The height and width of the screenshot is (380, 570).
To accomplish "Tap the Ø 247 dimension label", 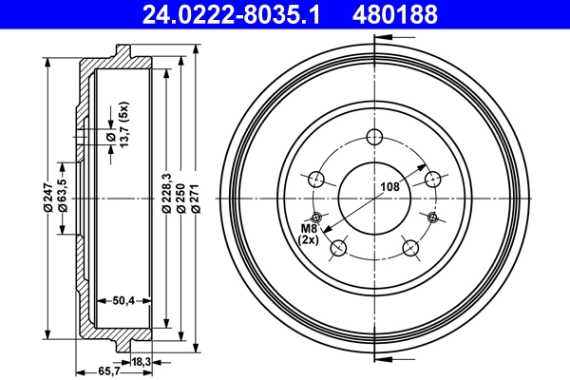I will [x=47, y=199].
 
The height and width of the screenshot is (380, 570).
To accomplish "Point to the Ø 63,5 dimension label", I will [x=62, y=195].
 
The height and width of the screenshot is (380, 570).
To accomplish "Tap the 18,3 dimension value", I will [x=140, y=361].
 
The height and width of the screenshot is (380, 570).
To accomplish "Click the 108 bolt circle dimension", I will [x=389, y=187].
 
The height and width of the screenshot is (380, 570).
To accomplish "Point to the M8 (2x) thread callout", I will [x=310, y=234].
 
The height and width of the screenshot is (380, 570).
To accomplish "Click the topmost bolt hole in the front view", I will [x=373, y=135].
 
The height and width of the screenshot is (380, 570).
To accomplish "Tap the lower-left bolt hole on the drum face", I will [x=337, y=248].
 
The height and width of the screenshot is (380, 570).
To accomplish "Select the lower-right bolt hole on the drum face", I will [x=410, y=248].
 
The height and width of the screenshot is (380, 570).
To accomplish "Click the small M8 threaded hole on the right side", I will [x=433, y=218].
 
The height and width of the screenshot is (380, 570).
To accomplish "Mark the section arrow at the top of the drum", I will [x=385, y=38].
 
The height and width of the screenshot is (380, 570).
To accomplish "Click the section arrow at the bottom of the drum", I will [x=385, y=358].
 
